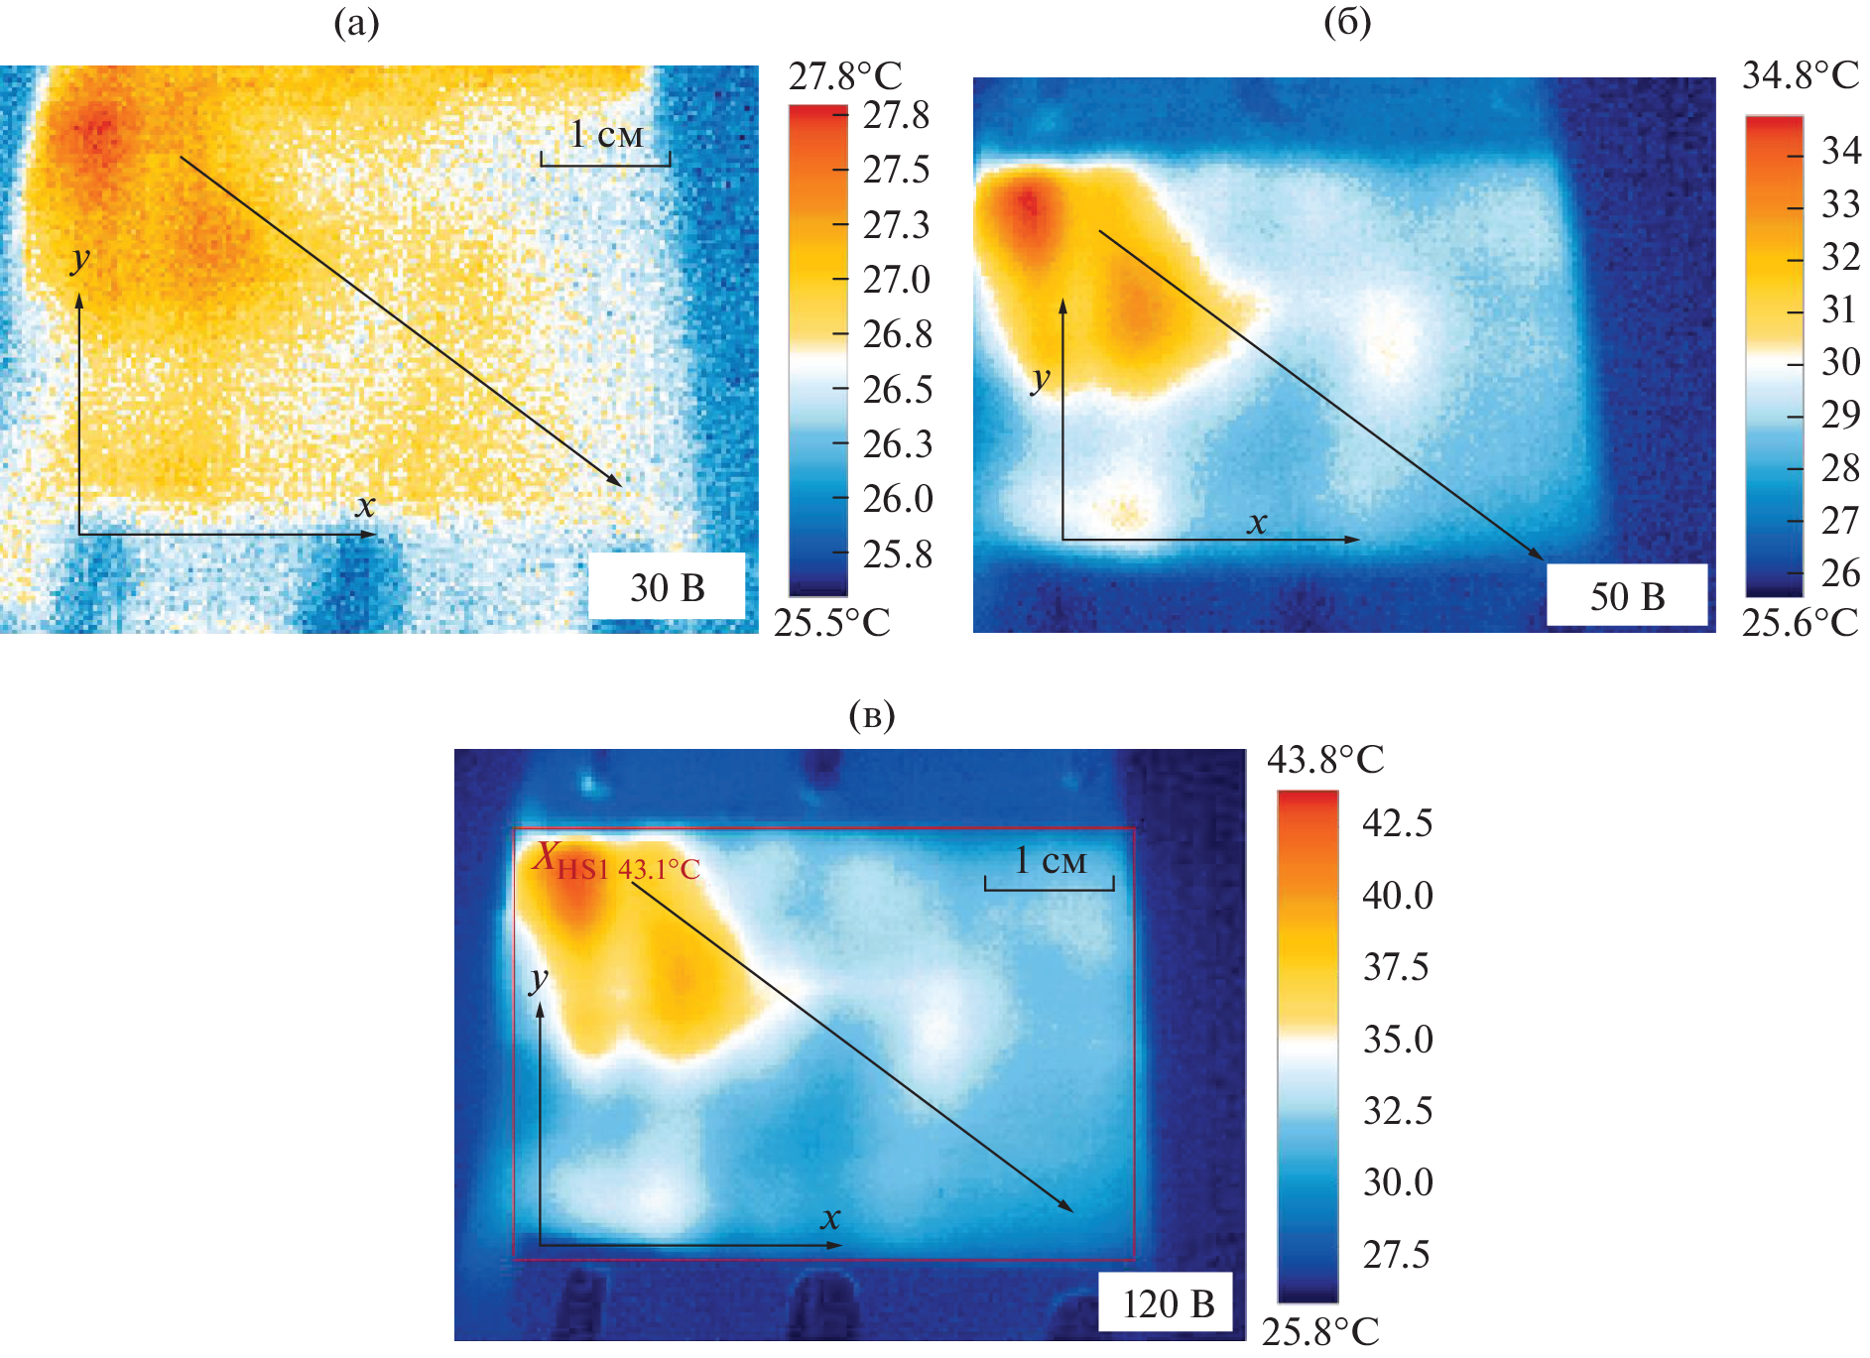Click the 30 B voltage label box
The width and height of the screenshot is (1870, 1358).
[x=667, y=587]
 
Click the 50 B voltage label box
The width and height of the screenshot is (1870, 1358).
[x=1627, y=596]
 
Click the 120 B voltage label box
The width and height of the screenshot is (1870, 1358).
[x=1167, y=1303]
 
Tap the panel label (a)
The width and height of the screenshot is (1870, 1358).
[x=356, y=23]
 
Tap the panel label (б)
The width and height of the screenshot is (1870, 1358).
[x=1347, y=22]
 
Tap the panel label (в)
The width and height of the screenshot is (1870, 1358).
[x=872, y=714]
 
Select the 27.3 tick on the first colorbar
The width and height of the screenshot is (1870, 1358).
[x=896, y=225]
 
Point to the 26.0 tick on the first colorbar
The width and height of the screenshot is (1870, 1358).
[x=896, y=498]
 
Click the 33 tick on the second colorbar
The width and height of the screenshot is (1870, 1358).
[x=1840, y=204]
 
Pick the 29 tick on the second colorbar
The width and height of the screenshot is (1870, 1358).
[x=1840, y=414]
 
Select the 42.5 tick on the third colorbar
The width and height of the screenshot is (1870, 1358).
[x=1397, y=823]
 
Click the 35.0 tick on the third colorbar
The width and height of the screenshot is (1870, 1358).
[x=1397, y=1040]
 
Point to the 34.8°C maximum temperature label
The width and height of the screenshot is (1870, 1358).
[x=1800, y=75]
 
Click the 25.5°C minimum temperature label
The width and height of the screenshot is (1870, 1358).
[x=831, y=622]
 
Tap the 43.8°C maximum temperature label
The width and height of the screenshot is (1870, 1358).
[x=1324, y=760]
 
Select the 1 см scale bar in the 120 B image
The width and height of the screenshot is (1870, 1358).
[x=1050, y=870]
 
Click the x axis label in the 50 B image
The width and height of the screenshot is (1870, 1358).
[x=1257, y=522]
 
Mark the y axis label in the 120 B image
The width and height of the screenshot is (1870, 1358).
[x=538, y=979]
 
